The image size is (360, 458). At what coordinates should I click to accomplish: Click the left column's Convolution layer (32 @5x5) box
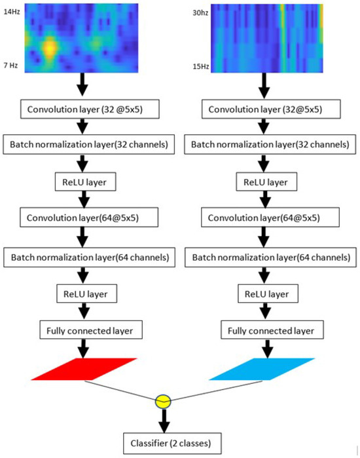point(90,108)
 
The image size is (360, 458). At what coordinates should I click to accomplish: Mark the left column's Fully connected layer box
point(90,331)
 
